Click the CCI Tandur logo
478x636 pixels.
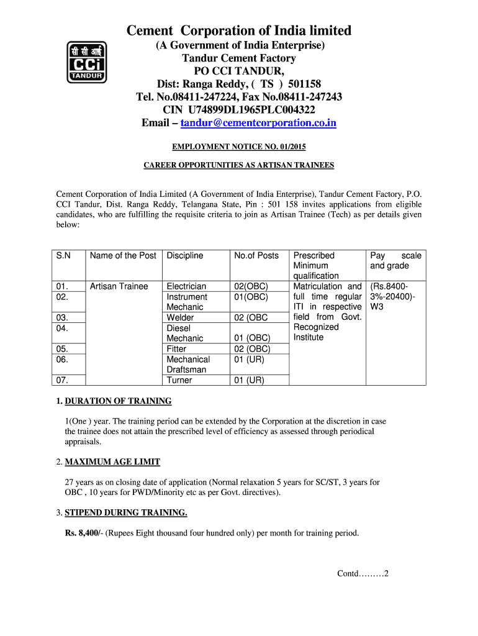(x=87, y=62)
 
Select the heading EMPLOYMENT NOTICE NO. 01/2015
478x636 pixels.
(x=239, y=147)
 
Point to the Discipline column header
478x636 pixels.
(x=185, y=256)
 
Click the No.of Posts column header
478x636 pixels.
(x=256, y=256)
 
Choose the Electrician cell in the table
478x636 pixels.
(x=186, y=286)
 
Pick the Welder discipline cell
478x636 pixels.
(x=180, y=317)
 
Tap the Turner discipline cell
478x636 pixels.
(x=179, y=380)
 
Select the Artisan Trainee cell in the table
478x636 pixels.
(x=119, y=286)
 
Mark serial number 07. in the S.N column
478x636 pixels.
(x=62, y=380)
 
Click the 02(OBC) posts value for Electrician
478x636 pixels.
(x=251, y=286)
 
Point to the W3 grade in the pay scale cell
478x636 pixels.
(x=377, y=307)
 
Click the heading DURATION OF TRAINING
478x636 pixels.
(x=118, y=401)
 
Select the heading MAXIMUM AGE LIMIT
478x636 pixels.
(x=112, y=462)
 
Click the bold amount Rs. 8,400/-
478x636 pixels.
(x=84, y=533)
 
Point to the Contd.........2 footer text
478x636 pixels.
(x=363, y=573)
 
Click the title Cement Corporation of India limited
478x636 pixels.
(x=239, y=31)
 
